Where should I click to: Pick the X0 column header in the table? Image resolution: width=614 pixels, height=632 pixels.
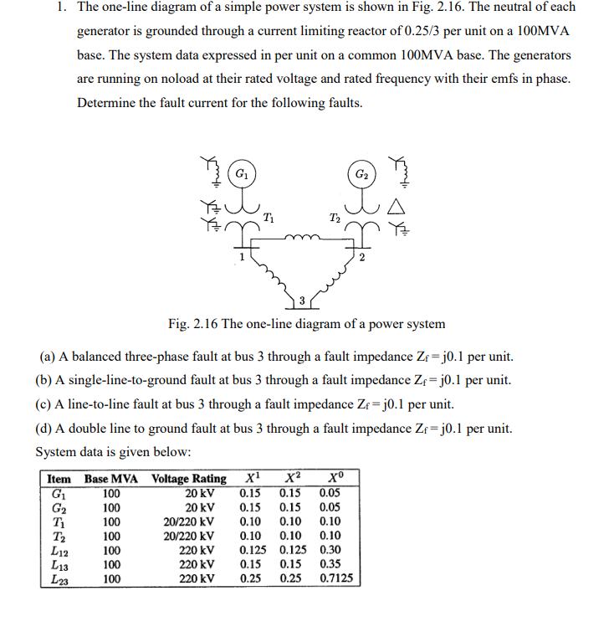point(331,478)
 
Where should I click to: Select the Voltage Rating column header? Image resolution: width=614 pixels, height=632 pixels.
point(188,479)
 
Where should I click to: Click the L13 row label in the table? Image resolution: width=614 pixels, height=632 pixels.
point(59,564)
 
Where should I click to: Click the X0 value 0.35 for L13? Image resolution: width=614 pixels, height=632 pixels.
point(330,564)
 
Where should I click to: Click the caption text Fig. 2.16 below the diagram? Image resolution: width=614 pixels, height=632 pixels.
point(193,324)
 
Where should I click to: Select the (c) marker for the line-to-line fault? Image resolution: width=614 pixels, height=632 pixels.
point(43,404)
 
